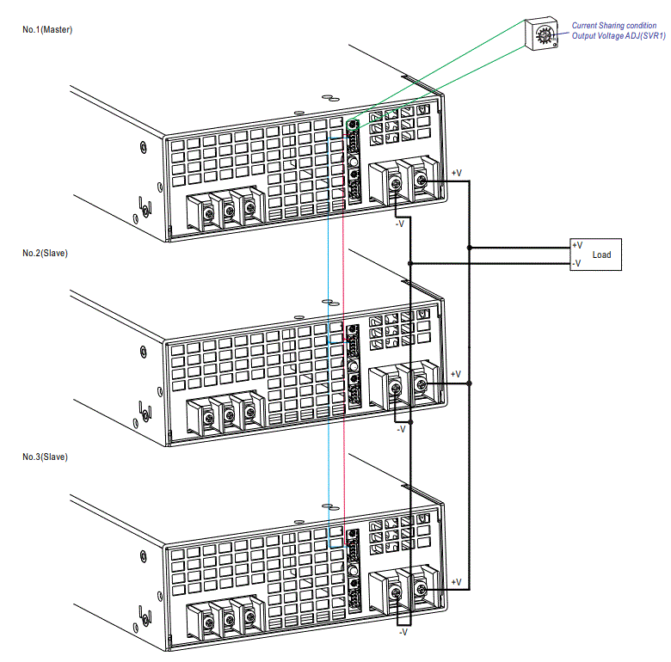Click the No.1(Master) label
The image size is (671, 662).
pos(47,30)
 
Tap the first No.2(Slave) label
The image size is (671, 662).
pos(45,254)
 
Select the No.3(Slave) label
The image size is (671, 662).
pos(45,457)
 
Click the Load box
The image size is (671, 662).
pos(595,254)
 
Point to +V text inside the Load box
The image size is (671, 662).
pos(577,246)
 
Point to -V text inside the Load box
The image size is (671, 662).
pos(577,263)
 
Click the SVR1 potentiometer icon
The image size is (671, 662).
pos(543,35)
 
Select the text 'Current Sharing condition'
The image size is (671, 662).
pos(613,26)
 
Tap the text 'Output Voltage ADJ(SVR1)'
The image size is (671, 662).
pos(619,36)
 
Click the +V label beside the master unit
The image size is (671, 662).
pos(456,173)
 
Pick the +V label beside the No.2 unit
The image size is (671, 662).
pos(456,374)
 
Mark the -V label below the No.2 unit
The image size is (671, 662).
pos(401,428)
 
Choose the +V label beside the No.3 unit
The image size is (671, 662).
pos(456,582)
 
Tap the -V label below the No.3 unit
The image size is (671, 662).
pos(403,633)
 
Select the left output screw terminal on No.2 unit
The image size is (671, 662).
pos(396,389)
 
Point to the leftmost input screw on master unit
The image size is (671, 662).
pos(209,210)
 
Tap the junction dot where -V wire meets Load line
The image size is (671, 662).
pos(411,262)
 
